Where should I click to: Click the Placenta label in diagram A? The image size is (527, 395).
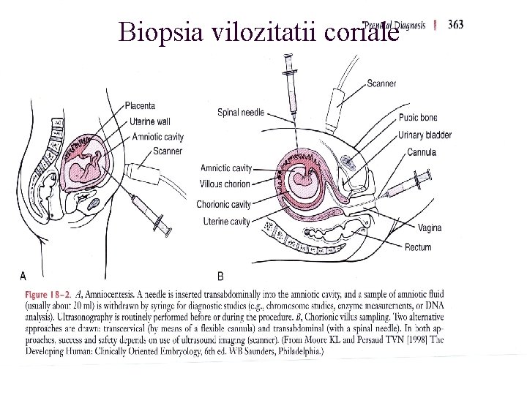click(x=140, y=106)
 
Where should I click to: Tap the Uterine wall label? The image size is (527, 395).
click(x=151, y=121)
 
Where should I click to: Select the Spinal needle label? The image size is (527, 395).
click(x=241, y=113)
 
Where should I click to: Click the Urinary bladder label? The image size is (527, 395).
click(x=425, y=135)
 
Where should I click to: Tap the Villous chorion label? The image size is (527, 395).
click(x=225, y=184)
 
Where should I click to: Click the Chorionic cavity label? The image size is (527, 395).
click(x=223, y=204)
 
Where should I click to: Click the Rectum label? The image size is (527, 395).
click(x=418, y=247)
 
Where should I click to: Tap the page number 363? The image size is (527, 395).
click(x=455, y=24)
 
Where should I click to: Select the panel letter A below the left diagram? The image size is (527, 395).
click(x=23, y=276)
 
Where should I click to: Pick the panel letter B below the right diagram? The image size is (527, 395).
click(x=220, y=276)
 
